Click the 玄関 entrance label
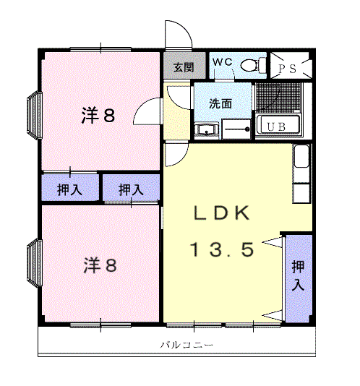pyautogui.click(x=183, y=68)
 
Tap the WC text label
pyautogui.click(x=221, y=62)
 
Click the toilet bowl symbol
pyautogui.click(x=250, y=65)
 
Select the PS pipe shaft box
pyautogui.click(x=291, y=67)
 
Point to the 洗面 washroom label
pyautogui.click(x=220, y=103)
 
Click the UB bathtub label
pyautogui.click(x=277, y=127)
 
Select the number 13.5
pyautogui.click(x=222, y=250)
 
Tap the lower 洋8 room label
pyautogui.click(x=99, y=265)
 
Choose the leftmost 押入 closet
pyautogui.click(x=69, y=189)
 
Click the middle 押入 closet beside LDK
pyautogui.click(x=131, y=189)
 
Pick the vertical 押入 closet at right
pyautogui.click(x=298, y=277)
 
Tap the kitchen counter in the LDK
pyautogui.click(x=301, y=174)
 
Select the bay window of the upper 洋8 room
pyautogui.click(x=33, y=115)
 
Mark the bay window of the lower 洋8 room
pyautogui.click(x=33, y=264)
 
